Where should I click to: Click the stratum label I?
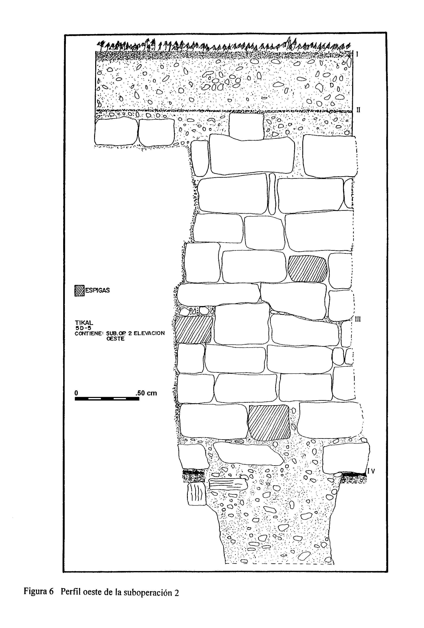tap(357, 54)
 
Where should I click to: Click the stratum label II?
tap(358, 110)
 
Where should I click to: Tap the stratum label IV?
tap(371, 471)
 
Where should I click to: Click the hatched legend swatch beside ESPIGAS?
tap(79, 291)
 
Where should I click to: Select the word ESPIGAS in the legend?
tap(97, 290)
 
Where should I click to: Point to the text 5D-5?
tap(83, 328)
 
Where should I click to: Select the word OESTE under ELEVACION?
tap(115, 339)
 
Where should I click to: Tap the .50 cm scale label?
tap(146, 393)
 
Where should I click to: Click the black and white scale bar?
tap(107, 399)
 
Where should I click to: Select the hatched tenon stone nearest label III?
tap(307, 269)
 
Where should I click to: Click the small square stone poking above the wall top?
tap(246, 126)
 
